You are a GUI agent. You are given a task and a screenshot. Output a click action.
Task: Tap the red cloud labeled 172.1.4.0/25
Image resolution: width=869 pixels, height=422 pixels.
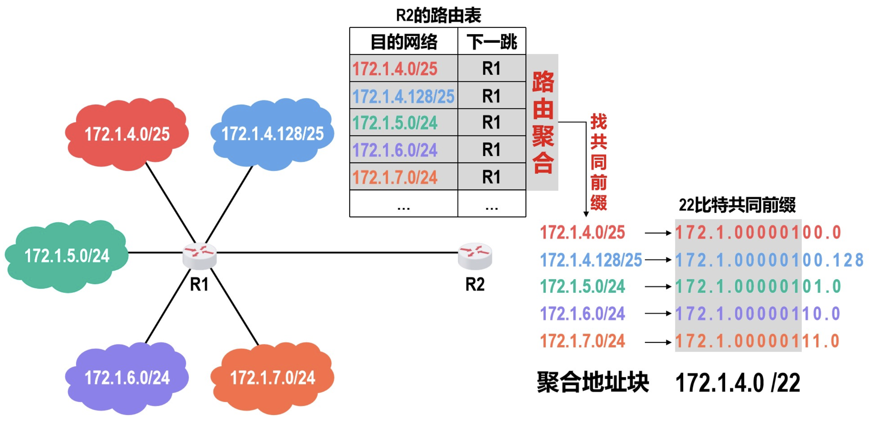pyautogui.click(x=127, y=134)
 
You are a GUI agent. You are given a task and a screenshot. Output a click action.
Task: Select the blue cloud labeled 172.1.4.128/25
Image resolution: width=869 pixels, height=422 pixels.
pyautogui.click(x=272, y=134)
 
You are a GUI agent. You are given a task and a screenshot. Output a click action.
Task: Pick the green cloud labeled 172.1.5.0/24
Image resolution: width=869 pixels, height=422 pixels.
pyautogui.click(x=66, y=256)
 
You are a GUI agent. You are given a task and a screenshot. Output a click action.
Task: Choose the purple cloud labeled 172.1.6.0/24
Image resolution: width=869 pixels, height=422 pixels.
pyautogui.click(x=127, y=378)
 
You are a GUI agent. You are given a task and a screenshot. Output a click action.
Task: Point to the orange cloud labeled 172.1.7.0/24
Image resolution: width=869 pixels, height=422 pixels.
pyautogui.click(x=272, y=378)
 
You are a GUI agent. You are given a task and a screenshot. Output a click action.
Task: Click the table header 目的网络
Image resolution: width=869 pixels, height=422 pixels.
pyautogui.click(x=404, y=42)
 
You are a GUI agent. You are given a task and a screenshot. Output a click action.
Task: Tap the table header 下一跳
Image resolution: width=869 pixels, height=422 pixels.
pyautogui.click(x=492, y=42)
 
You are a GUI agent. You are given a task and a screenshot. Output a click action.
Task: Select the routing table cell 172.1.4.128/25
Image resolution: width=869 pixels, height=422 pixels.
pyautogui.click(x=403, y=96)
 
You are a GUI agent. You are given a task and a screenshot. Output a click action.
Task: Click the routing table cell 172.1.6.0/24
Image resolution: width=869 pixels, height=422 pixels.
pyautogui.click(x=395, y=150)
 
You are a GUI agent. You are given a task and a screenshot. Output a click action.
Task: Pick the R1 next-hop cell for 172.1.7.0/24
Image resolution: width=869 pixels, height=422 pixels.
pyautogui.click(x=492, y=177)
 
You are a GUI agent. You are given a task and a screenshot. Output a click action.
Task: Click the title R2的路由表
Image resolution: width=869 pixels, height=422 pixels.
pyautogui.click(x=438, y=15)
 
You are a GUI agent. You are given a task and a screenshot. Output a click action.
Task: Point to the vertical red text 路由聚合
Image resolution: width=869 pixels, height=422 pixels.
pyautogui.click(x=543, y=122)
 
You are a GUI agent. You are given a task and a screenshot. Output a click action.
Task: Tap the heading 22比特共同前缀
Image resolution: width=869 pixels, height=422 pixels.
pyautogui.click(x=737, y=205)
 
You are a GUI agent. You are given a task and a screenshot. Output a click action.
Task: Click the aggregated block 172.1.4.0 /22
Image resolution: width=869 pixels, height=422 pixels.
pyautogui.click(x=737, y=383)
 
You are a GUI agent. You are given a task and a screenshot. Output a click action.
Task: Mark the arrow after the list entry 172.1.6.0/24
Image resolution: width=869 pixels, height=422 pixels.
pyautogui.click(x=658, y=314)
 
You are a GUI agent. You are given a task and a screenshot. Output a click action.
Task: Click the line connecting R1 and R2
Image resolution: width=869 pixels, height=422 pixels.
pyautogui.click(x=338, y=253)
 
